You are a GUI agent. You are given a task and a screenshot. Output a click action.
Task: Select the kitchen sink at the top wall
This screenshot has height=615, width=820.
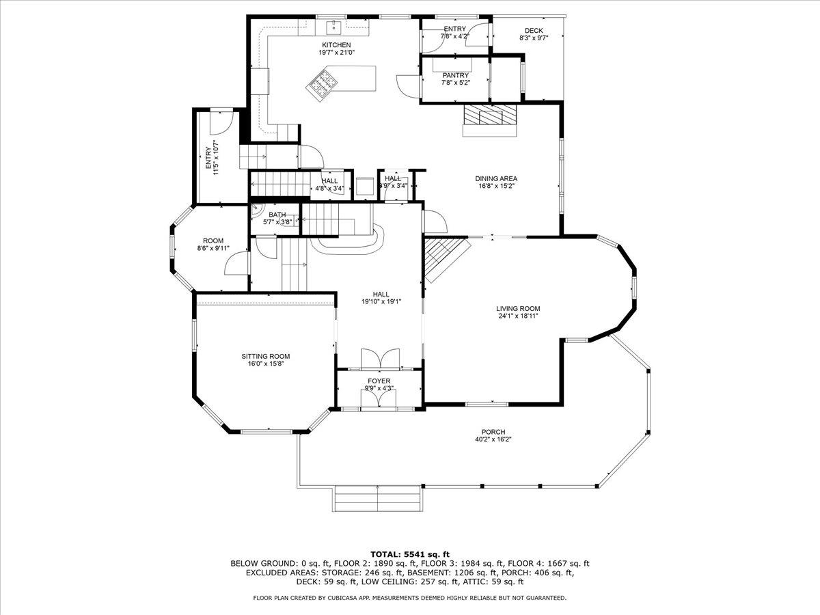pyautogui.click(x=334, y=28)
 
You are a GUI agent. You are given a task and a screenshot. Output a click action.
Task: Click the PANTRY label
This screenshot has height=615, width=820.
pyautogui.click(x=455, y=75)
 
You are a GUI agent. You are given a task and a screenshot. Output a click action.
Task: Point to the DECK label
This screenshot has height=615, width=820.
pyautogui.click(x=534, y=31)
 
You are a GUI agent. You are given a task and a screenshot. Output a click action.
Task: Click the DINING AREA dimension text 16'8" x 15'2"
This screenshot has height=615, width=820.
pyautogui.click(x=496, y=185)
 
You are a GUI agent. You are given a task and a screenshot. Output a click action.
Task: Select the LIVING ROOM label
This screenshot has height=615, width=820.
pyautogui.click(x=518, y=308)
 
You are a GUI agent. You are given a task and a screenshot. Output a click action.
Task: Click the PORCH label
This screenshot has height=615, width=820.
pyautogui.click(x=493, y=432)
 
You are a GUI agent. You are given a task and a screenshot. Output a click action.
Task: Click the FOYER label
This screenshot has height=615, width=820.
pyautogui.click(x=379, y=381)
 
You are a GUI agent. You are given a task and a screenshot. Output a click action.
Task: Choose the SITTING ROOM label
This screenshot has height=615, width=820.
pyautogui.click(x=265, y=356)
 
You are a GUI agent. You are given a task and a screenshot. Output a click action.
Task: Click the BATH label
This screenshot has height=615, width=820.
pyautogui.click(x=277, y=215)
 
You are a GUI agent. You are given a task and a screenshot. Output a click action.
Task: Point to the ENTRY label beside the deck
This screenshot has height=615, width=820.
pyautogui.click(x=454, y=29)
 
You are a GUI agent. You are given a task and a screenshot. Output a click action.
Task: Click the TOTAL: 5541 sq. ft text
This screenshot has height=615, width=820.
pyautogui.click(x=409, y=554)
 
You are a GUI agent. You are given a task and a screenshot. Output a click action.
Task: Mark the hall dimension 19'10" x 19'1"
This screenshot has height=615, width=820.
pyautogui.click(x=381, y=301)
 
